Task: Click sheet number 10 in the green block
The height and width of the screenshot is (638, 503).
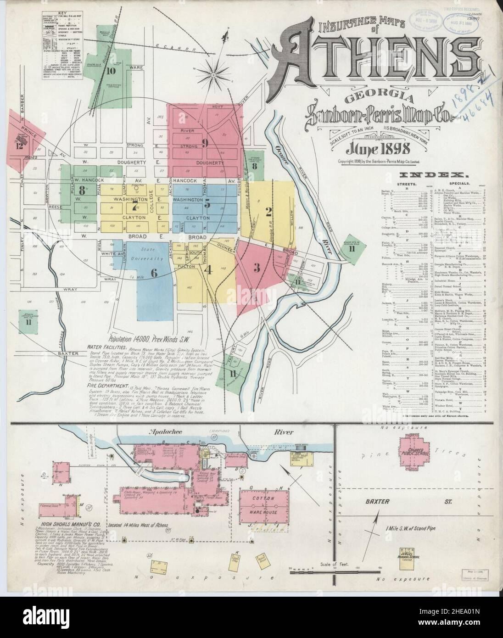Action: [111, 71]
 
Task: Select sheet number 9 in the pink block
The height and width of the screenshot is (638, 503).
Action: [205, 143]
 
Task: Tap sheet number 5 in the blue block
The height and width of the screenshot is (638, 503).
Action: [207, 205]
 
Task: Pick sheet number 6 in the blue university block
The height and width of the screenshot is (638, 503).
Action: [154, 272]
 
